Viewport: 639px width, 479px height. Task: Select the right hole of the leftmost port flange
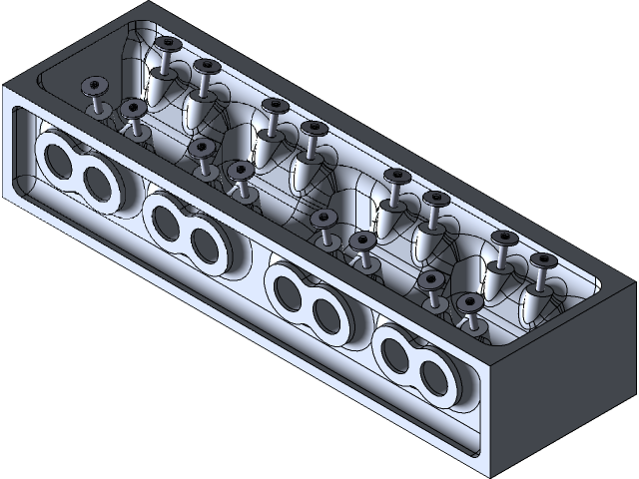pos(96,183)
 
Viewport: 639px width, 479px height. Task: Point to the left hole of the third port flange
pos(287,290)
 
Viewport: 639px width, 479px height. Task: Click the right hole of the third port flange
pos(326,314)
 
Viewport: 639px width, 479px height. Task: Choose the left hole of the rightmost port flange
pos(395,352)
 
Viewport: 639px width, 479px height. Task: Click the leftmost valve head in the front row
pos(96,86)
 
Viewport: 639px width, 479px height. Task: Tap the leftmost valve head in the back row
pos(166,44)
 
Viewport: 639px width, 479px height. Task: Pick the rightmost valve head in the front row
pos(468,301)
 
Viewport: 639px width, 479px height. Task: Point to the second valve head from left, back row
pos(206,67)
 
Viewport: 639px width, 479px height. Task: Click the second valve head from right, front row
pos(431,278)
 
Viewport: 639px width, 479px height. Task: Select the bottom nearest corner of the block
pos(488,472)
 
